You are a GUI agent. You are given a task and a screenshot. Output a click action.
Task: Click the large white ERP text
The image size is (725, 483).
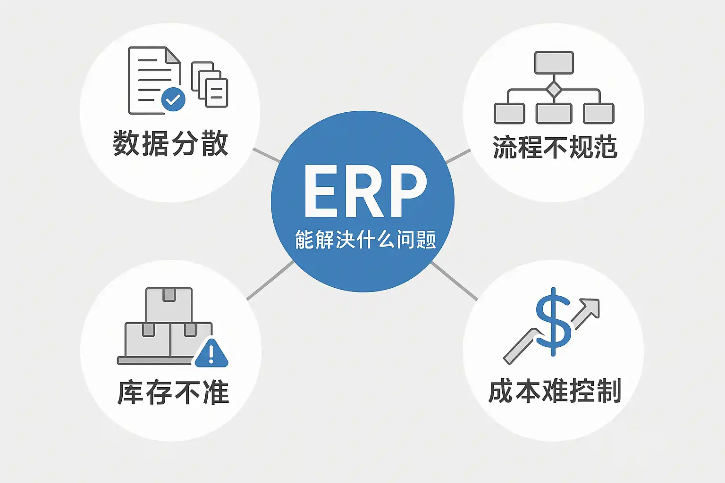click(x=365, y=191)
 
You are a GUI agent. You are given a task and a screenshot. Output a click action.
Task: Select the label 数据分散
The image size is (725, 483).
click(x=170, y=143)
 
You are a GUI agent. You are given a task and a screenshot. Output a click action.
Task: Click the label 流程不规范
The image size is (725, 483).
click(x=555, y=147)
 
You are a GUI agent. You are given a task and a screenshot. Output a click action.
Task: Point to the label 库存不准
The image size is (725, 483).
click(x=173, y=392)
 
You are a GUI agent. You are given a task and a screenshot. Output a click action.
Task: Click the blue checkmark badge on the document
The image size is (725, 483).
click(x=173, y=100)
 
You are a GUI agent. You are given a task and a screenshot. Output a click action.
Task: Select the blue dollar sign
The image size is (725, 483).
click(x=553, y=321)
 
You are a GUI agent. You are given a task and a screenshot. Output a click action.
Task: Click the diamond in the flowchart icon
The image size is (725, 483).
click(x=554, y=89)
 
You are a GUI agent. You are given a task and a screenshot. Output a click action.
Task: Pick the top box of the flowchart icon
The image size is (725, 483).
click(x=554, y=63)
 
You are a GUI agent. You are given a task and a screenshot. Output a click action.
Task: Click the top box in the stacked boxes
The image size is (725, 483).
click(x=169, y=305)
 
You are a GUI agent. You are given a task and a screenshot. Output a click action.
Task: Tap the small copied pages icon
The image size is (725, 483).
click(x=210, y=84)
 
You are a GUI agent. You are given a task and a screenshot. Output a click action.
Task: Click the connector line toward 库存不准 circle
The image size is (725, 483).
click(x=270, y=281)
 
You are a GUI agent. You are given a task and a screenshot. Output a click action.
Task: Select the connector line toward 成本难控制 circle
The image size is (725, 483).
click(x=454, y=281)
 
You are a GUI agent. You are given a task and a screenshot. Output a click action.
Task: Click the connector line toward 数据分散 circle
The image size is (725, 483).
click(x=266, y=155)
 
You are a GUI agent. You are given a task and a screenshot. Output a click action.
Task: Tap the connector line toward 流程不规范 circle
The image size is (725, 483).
click(x=458, y=156)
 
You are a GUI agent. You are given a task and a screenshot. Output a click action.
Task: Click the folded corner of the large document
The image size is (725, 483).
click(x=173, y=55)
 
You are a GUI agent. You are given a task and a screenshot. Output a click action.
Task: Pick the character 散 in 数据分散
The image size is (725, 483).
click(x=215, y=143)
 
